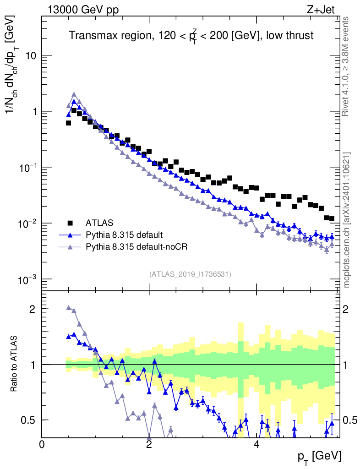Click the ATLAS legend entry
99,223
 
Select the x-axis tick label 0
42,445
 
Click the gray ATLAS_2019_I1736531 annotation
190,274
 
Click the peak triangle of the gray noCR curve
74,95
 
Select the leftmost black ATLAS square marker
68,123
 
